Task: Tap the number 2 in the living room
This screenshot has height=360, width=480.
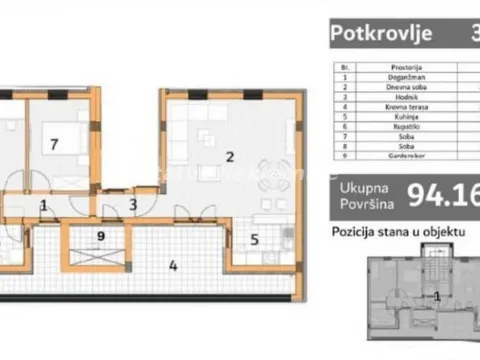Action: pyautogui.click(x=230, y=156)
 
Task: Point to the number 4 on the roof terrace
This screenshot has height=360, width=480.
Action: pyautogui.click(x=173, y=266)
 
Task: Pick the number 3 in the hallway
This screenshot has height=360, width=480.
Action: pyautogui.click(x=132, y=205)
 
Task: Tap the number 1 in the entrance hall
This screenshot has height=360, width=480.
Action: pyautogui.click(x=43, y=206)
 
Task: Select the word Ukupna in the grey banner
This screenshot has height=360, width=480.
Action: pyautogui.click(x=361, y=188)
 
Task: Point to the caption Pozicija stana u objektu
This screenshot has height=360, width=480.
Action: pyautogui.click(x=399, y=231)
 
